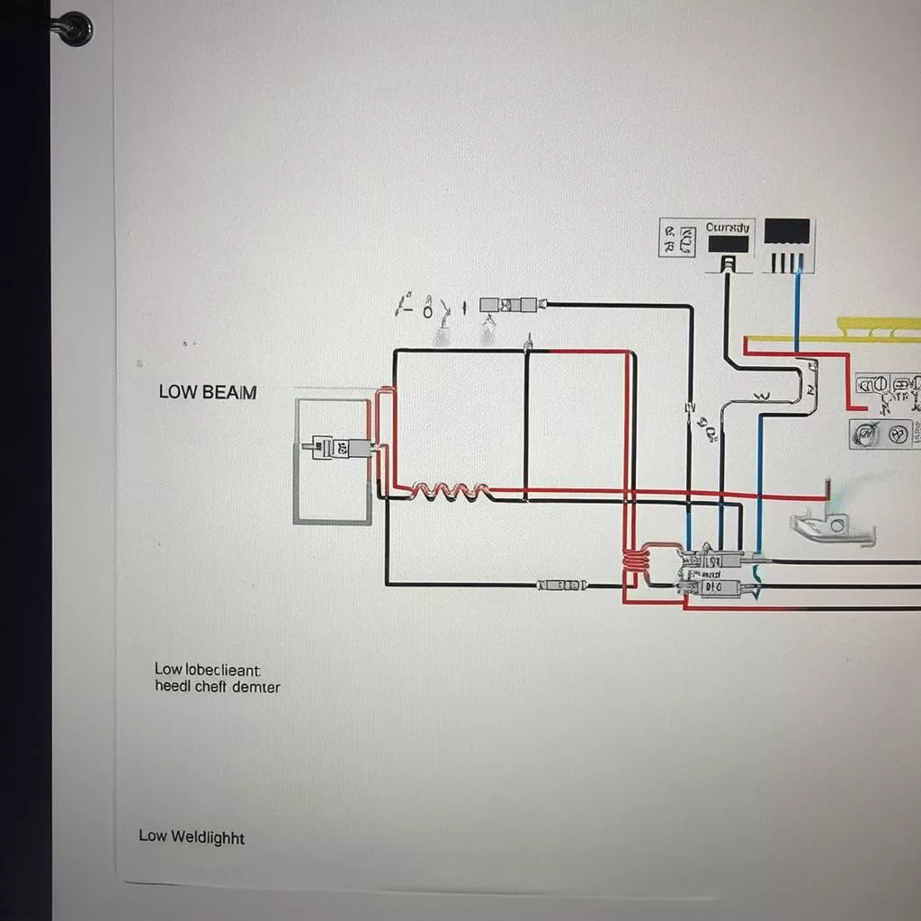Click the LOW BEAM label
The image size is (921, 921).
(207, 392)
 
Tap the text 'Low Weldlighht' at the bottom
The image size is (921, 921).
(192, 836)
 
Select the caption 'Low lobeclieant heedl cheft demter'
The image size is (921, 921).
(217, 678)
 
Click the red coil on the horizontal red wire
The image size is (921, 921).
(450, 491)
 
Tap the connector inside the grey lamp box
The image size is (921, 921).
(341, 446)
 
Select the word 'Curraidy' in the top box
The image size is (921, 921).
(727, 228)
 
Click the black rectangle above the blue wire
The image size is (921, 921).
(787, 231)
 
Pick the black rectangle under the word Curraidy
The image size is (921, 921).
(728, 244)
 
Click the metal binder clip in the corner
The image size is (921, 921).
(72, 27)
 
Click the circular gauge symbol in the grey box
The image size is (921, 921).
(866, 436)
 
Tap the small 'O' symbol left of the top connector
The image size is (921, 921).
(428, 310)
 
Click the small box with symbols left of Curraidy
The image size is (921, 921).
(679, 237)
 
